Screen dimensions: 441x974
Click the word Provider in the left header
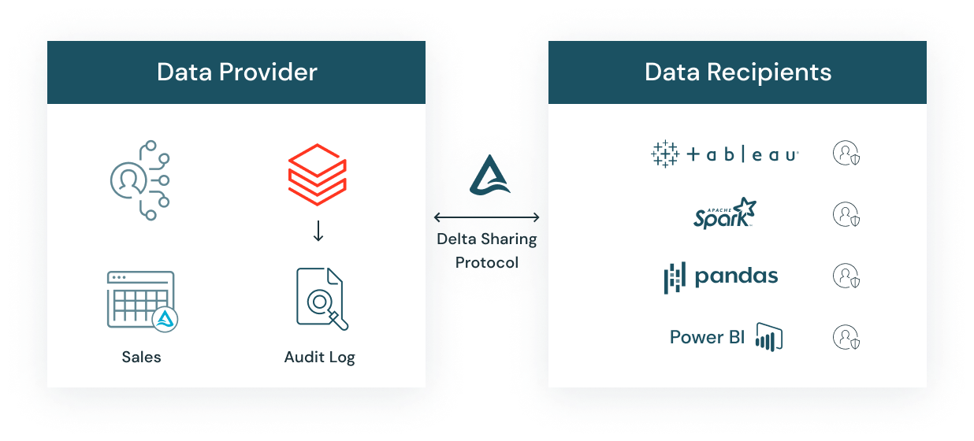point(269,72)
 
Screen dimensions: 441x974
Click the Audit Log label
point(319,357)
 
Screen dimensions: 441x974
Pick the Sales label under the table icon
point(141,357)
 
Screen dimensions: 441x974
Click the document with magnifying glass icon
point(320,298)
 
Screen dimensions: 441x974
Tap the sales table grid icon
point(139,298)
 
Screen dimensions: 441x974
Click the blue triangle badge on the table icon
point(165,317)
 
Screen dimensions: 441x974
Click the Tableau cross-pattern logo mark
point(664,154)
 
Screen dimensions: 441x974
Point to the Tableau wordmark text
point(742,155)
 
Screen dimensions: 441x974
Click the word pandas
point(736,276)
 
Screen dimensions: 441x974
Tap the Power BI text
point(707,337)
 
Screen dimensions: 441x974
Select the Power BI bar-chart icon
point(768,336)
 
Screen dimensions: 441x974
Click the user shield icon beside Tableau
point(846,154)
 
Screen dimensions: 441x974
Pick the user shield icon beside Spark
point(846,214)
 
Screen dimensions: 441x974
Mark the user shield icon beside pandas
point(846,276)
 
